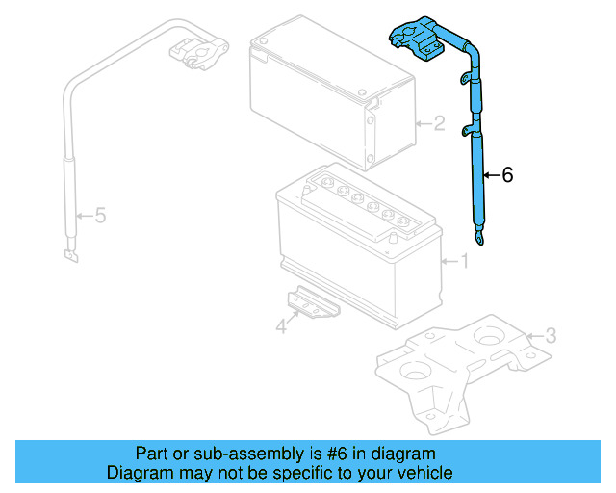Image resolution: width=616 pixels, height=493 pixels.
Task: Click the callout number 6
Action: pyautogui.click(x=507, y=174)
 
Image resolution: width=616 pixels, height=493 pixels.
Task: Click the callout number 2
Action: pyautogui.click(x=438, y=123)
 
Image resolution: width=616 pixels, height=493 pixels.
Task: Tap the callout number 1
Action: pyautogui.click(x=463, y=260)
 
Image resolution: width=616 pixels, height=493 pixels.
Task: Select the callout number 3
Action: pyautogui.click(x=550, y=335)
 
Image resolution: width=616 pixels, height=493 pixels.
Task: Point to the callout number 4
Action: pyautogui.click(x=281, y=327)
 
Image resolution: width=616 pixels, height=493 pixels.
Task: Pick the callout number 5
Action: pyautogui.click(x=99, y=216)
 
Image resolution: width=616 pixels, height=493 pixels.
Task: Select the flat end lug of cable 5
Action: pyautogui.click(x=70, y=255)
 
